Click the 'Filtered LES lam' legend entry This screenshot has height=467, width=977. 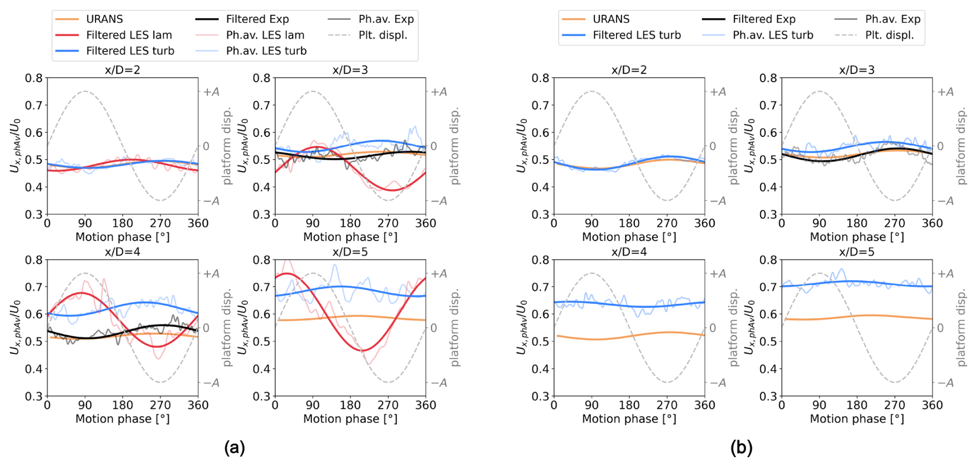pyautogui.click(x=129, y=35)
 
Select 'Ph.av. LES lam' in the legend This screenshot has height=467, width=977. pyautogui.click(x=265, y=35)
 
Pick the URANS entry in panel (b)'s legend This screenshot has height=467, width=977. pyautogui.click(x=610, y=19)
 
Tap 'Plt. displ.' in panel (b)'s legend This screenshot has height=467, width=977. pyautogui.click(x=889, y=35)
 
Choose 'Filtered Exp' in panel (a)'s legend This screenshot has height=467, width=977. pyautogui.click(x=257, y=19)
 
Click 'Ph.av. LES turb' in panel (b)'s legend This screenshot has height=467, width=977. pyautogui.click(x=773, y=35)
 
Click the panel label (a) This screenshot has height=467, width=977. pyautogui.click(x=234, y=447)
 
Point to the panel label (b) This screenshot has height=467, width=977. pyautogui.click(x=741, y=447)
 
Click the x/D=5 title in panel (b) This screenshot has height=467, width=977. pyautogui.click(x=857, y=252)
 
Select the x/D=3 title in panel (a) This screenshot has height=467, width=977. pyautogui.click(x=350, y=70)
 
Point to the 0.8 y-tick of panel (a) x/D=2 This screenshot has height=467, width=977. pyautogui.click(x=34, y=78)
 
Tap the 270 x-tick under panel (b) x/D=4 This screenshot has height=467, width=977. pyautogui.click(x=667, y=405)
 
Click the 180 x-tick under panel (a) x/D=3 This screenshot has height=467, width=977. pyautogui.click(x=350, y=223)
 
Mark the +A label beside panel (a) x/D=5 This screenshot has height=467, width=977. pyautogui.click(x=439, y=274)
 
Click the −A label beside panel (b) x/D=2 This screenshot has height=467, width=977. pyautogui.click(x=718, y=201)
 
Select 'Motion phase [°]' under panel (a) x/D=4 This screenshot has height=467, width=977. pyautogui.click(x=122, y=419)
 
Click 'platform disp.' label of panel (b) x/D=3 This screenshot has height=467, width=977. pyautogui.click(x=961, y=146)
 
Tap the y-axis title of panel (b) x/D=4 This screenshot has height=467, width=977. pyautogui.click(x=521, y=328)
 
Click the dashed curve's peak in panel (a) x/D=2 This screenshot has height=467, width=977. pyautogui.click(x=85, y=91)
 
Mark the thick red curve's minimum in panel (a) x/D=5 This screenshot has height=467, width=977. pyautogui.click(x=364, y=351)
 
